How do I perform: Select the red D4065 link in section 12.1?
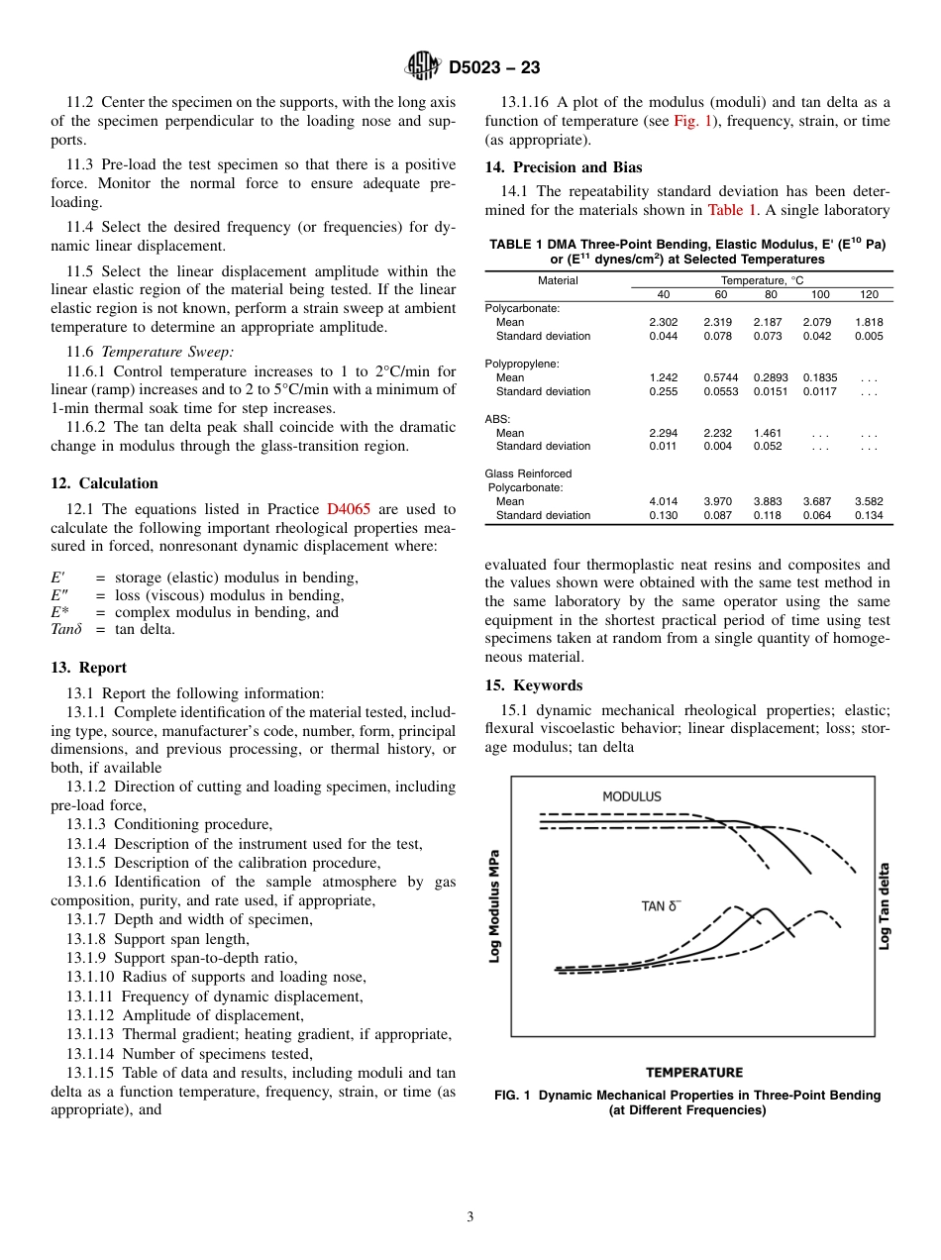349,509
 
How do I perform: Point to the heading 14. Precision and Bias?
564,167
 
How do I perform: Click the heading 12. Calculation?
104,483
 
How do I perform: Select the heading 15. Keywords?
534,685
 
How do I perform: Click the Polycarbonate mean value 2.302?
663,322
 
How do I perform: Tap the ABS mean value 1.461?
767,433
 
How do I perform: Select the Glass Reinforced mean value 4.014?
663,501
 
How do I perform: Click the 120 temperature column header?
869,295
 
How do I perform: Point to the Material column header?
558,281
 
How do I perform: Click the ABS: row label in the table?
497,419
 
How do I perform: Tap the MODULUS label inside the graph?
631,796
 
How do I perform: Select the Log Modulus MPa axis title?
495,905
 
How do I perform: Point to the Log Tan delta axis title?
885,905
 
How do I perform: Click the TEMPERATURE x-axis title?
693,1073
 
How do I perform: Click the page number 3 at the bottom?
470,1217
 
